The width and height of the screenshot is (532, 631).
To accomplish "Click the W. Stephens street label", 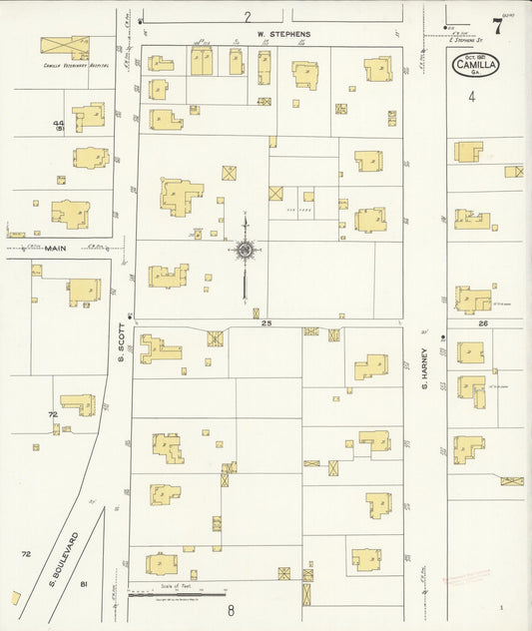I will point(283,34).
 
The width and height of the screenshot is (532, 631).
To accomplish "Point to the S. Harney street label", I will point(423,364).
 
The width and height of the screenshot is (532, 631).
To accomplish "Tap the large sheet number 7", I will point(496,26).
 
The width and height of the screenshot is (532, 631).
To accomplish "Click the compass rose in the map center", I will point(245,250).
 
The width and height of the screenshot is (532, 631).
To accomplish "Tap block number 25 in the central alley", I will point(266,324).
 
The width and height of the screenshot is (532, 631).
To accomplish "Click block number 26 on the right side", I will point(483,323).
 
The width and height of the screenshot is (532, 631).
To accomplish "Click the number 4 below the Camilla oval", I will point(472,97).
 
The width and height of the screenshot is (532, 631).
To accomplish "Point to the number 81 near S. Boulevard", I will point(85,583).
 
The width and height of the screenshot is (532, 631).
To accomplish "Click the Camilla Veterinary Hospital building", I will point(64,47).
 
